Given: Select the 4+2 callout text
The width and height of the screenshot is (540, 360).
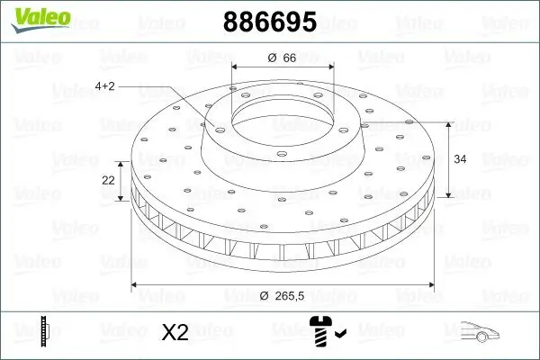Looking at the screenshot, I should (104, 86).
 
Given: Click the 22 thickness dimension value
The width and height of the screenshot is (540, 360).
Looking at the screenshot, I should (108, 180).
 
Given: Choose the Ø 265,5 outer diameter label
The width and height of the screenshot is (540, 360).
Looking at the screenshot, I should (284, 296).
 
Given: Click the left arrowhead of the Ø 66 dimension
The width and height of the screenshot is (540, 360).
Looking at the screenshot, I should (236, 67).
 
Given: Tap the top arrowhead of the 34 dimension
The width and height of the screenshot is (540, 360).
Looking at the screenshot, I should (449, 123).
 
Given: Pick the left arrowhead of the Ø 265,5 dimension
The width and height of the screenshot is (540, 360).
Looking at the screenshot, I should (136, 284).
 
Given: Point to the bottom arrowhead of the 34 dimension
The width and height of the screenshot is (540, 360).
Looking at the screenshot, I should (449, 195).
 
